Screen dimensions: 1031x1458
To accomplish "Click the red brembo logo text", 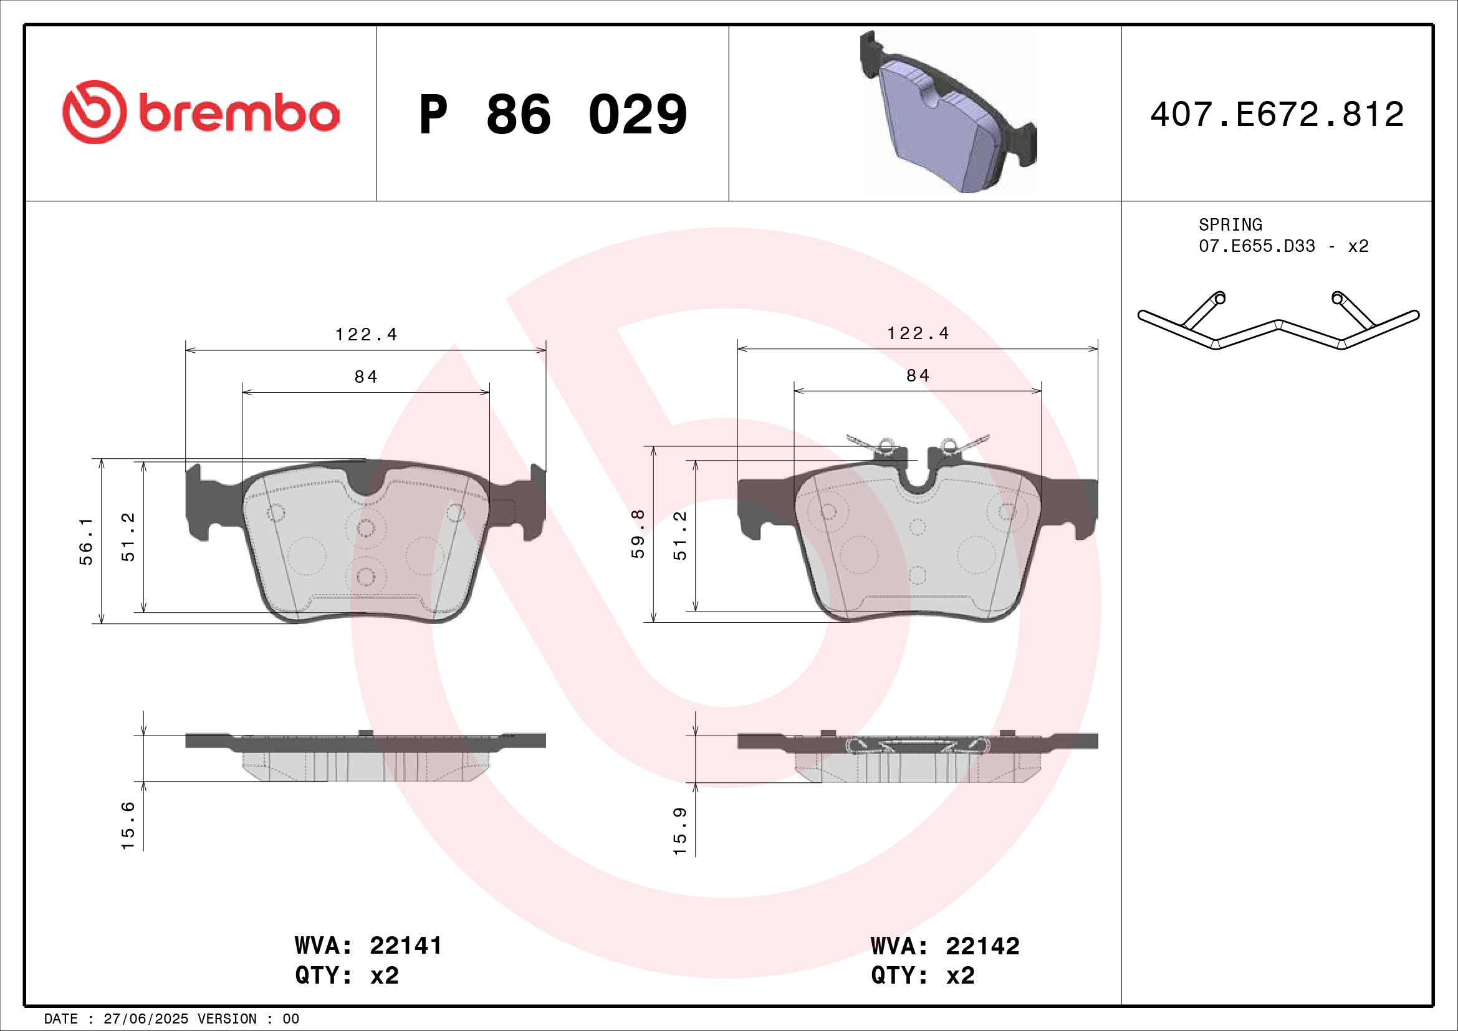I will [x=239, y=114].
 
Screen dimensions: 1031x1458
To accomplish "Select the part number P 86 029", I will [x=552, y=115].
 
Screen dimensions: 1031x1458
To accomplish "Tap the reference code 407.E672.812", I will [x=1277, y=115].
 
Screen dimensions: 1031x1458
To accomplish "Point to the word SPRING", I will [x=1230, y=225].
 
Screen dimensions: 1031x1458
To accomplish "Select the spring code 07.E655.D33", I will [x=1257, y=246].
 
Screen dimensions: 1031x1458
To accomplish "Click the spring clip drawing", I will [x=1278, y=324].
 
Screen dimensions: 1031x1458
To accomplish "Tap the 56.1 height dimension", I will [x=87, y=541].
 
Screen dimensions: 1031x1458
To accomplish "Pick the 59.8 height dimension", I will [x=638, y=534].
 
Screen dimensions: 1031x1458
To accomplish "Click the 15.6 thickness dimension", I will [x=128, y=825].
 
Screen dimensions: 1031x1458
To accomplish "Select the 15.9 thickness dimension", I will [x=680, y=832].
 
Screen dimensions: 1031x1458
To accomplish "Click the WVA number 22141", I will [x=405, y=946].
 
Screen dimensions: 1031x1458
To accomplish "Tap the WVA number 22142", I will [x=982, y=946].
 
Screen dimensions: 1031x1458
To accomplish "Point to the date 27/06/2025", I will [x=145, y=1019].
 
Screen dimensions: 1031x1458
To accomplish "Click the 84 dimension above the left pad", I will [x=366, y=377].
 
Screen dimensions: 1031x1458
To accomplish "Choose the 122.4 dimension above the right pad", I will [x=918, y=333].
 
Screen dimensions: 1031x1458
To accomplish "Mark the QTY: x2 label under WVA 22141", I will [x=347, y=975].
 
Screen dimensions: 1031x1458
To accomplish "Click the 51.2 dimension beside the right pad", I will [x=680, y=536].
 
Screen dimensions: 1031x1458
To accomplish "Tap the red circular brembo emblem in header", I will [x=94, y=112].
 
